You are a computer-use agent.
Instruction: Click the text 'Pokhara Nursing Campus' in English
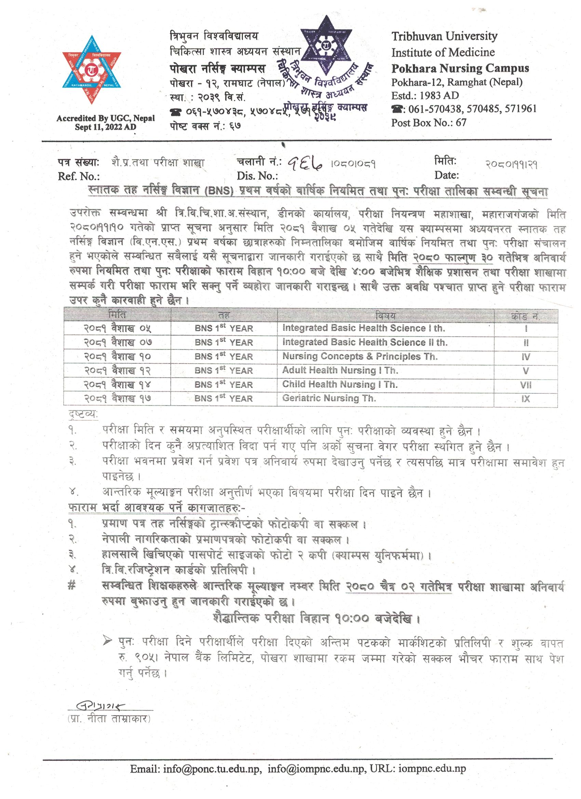click(460, 68)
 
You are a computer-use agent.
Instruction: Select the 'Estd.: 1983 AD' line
click(425, 95)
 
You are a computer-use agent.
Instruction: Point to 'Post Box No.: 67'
click(429, 122)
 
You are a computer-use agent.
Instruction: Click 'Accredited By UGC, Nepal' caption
click(105, 119)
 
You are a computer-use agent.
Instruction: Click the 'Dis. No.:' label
click(257, 176)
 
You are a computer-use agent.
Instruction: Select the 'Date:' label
click(446, 175)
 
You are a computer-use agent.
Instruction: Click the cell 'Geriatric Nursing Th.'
click(329, 398)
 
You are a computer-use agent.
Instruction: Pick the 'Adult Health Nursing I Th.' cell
click(340, 370)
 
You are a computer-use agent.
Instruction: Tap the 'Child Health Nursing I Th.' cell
click(340, 384)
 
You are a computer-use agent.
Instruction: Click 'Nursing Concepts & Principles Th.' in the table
click(360, 356)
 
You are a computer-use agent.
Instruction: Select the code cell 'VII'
click(525, 385)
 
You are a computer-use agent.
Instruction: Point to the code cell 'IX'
click(525, 399)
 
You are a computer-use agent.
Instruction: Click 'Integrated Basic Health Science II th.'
click(365, 342)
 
